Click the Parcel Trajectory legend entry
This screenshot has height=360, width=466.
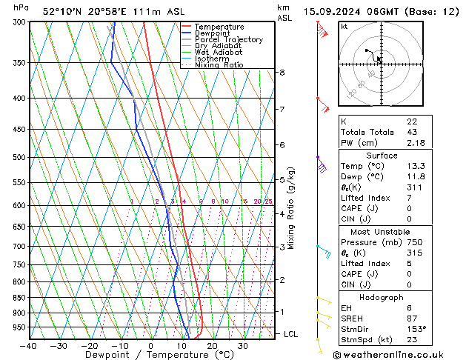coord(228,39)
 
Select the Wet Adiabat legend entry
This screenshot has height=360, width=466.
coord(218,53)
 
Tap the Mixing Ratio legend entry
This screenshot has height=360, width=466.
coord(219,65)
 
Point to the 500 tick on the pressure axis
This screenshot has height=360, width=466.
coord(18,157)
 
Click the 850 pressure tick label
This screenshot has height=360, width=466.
coord(18,298)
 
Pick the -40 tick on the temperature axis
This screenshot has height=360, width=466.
coord(29,346)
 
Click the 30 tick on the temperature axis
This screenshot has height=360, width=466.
coord(242,346)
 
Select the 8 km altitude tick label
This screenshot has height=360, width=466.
coord(282,72)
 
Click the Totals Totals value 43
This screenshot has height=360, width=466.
coord(411,132)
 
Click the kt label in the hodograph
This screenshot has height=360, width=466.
coord(344,26)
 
